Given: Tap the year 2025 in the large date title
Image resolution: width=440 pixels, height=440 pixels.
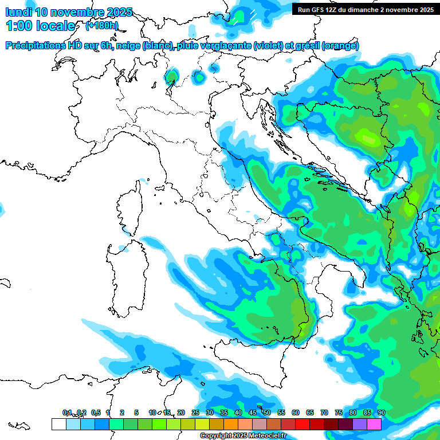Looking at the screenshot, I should pyautogui.click(x=119, y=12).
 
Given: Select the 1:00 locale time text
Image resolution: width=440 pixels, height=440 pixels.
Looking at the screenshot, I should pyautogui.click(x=40, y=26).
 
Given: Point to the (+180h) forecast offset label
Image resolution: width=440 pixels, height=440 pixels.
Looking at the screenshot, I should pyautogui.click(x=101, y=26).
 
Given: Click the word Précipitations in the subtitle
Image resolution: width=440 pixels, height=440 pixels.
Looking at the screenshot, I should pyautogui.click(x=37, y=46).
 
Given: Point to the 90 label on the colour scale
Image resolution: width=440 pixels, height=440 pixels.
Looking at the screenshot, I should pyautogui.click(x=381, y=412).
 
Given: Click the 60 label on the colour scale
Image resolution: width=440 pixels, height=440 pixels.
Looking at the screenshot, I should pyautogui.click(x=295, y=412).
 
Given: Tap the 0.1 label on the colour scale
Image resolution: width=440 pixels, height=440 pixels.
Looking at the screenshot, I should pyautogui.click(x=67, y=412).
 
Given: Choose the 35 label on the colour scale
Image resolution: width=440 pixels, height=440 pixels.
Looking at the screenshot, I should pyautogui.click(x=223, y=412).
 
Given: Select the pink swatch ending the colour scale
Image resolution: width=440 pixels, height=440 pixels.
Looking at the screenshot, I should pyautogui.click(x=374, y=424).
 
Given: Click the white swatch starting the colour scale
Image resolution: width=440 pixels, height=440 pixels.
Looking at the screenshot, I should pyautogui.click(x=58, y=424).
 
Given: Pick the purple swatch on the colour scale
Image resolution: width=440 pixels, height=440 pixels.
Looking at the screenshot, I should pyautogui.click(x=360, y=424).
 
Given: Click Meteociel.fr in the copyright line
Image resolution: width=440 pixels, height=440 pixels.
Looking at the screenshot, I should pyautogui.click(x=257, y=436).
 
